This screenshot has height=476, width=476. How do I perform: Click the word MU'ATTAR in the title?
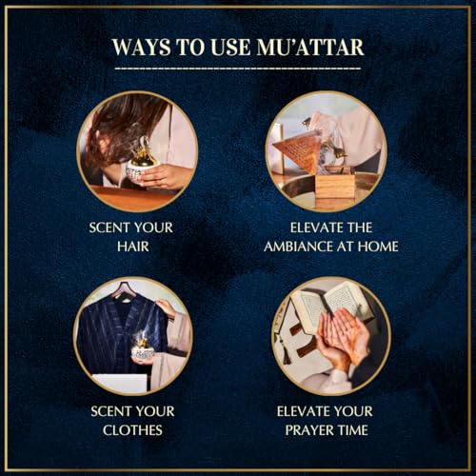[310, 48]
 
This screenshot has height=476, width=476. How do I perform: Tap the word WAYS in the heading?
[141, 48]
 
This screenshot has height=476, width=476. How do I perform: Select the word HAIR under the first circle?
[133, 247]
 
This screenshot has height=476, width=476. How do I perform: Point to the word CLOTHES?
[132, 430]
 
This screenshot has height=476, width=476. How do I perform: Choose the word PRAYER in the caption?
[308, 430]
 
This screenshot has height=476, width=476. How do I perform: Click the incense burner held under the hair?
[142, 165]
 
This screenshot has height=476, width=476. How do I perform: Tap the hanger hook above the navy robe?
[122, 288]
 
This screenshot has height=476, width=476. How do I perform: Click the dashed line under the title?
[238, 68]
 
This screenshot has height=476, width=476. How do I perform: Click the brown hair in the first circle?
[124, 127]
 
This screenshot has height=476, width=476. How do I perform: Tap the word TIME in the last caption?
[353, 430]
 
